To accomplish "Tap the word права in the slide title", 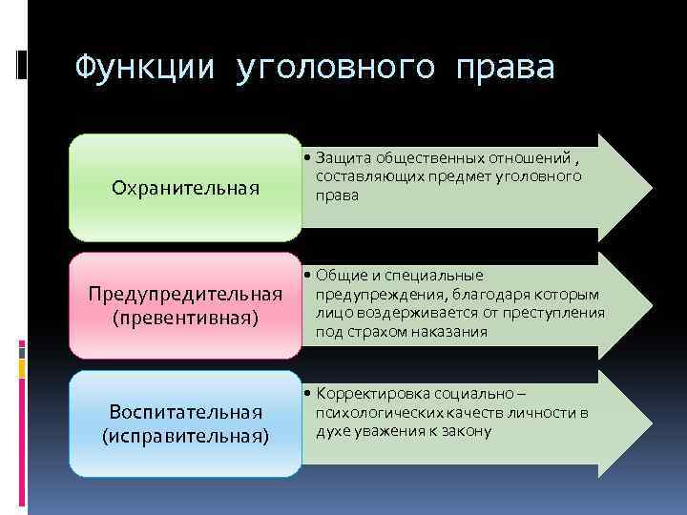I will (x=505, y=67).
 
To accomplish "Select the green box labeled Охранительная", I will (x=185, y=188).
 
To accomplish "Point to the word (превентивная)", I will (x=185, y=316).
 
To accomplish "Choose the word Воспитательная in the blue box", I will (x=185, y=412).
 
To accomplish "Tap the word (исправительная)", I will (x=185, y=435).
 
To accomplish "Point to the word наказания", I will (x=448, y=332).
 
